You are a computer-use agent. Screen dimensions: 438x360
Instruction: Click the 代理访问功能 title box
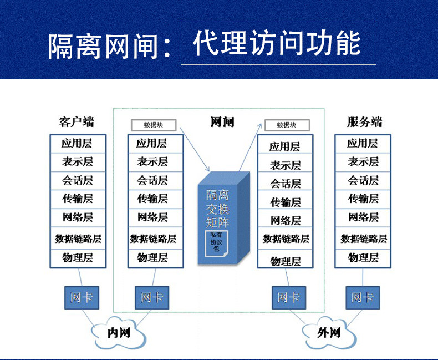click(x=278, y=43)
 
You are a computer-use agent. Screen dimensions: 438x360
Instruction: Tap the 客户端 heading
click(x=77, y=122)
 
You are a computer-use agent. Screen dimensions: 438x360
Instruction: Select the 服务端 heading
click(x=364, y=122)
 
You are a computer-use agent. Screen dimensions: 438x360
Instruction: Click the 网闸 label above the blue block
click(x=222, y=122)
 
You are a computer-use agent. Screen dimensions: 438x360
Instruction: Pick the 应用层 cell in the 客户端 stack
click(x=77, y=144)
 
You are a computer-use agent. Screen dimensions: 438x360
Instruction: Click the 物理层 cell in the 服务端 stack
click(x=363, y=257)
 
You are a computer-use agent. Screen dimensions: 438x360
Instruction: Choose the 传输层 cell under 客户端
click(x=77, y=199)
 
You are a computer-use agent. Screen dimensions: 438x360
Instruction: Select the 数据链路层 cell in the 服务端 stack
click(x=363, y=239)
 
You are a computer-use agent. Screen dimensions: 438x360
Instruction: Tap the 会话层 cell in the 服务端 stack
click(x=363, y=180)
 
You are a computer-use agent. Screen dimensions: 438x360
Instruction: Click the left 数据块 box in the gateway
click(x=154, y=125)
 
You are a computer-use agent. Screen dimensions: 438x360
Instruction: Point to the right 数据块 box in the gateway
click(x=287, y=125)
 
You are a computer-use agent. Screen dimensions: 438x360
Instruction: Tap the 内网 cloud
click(x=119, y=333)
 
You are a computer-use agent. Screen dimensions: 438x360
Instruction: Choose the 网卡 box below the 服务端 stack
click(x=363, y=298)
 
